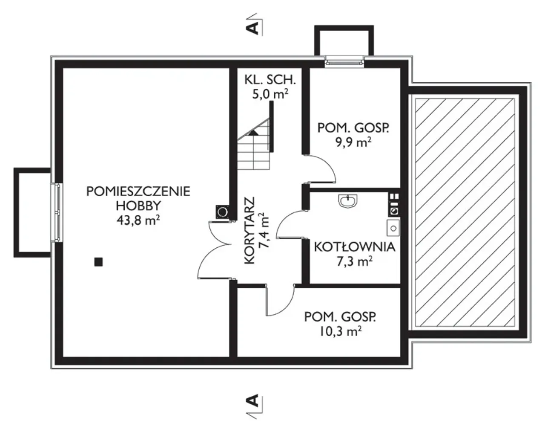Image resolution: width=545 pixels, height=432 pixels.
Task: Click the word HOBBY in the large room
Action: click(138, 206)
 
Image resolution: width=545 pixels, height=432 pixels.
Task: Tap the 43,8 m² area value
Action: click(138, 220)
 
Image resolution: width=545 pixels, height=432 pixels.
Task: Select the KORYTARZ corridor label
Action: click(250, 230)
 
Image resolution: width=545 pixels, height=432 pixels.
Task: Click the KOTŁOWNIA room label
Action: click(355, 247)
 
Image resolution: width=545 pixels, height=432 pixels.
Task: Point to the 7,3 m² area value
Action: click(355, 261)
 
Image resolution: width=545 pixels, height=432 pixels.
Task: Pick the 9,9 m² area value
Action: click(353, 142)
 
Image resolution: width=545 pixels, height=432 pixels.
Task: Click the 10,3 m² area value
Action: click(340, 331)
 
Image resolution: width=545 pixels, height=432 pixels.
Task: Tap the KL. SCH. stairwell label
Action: click(270, 80)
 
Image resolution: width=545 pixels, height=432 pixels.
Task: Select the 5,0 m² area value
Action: click(270, 94)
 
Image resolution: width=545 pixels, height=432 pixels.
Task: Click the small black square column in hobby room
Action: click(98, 262)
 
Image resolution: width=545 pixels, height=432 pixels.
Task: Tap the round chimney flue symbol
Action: click(223, 212)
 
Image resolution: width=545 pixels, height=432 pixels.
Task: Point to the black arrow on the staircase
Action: click(253, 133)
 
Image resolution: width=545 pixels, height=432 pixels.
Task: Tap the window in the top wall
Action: click(344, 62)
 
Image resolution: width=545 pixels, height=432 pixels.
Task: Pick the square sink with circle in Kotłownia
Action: click(393, 228)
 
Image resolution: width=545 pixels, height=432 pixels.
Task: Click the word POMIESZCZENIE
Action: click(138, 191)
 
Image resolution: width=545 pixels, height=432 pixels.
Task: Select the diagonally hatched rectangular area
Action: click(465, 213)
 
